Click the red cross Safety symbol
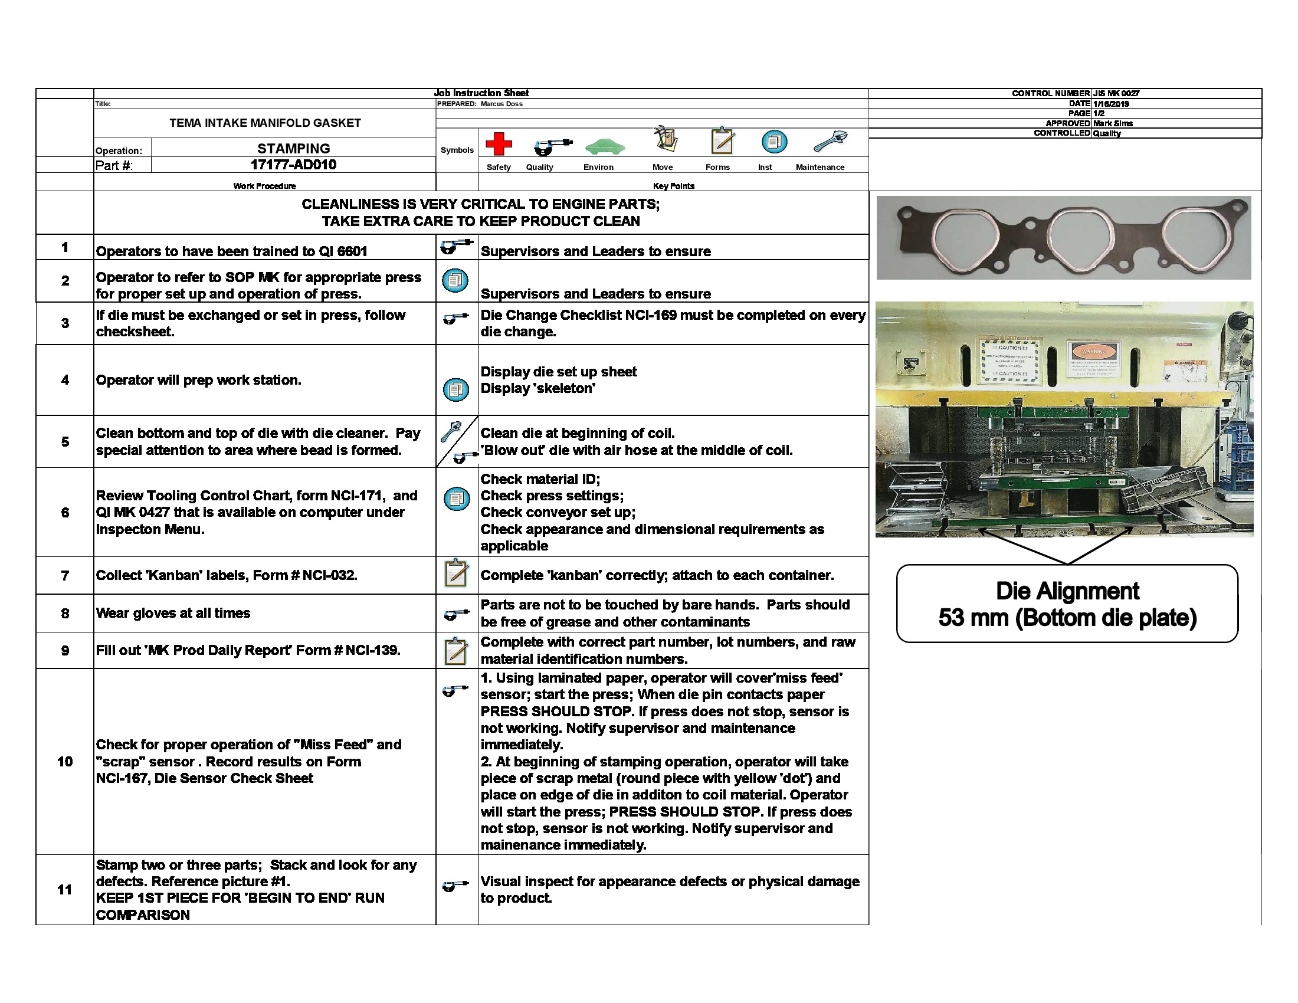click(498, 143)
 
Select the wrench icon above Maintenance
click(830, 142)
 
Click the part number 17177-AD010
click(293, 165)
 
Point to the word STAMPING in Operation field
click(293, 148)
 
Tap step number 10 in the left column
click(64, 761)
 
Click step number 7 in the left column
click(64, 575)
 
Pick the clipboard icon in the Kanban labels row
click(456, 573)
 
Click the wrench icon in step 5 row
click(451, 431)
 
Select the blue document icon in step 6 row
click(456, 499)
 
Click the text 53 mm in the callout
click(973, 618)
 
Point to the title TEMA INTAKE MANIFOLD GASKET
click(264, 123)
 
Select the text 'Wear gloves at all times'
click(172, 612)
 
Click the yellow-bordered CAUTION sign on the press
click(1009, 361)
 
